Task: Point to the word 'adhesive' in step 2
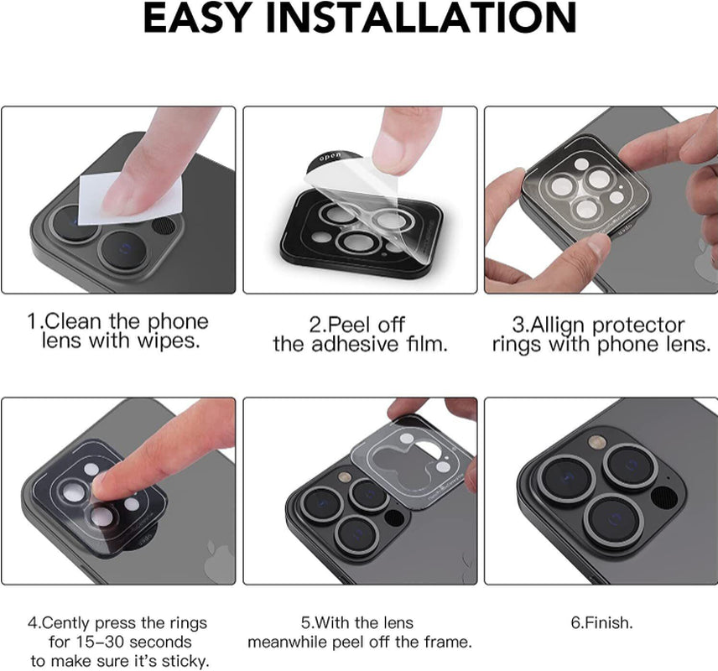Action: pyautogui.click(x=358, y=345)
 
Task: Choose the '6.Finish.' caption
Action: pyautogui.click(x=601, y=623)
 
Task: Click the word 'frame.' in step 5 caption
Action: pyautogui.click(x=447, y=642)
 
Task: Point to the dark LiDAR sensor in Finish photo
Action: pyautogui.click(x=668, y=497)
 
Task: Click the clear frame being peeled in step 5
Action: pyautogui.click(x=419, y=454)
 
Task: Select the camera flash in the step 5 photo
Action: pyautogui.click(x=342, y=476)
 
